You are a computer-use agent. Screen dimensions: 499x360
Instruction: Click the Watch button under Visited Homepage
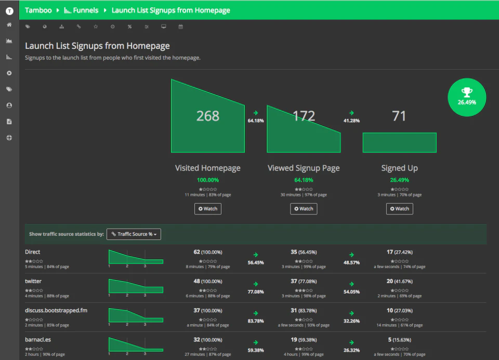point(208,209)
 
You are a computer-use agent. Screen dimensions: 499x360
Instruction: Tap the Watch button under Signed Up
point(399,209)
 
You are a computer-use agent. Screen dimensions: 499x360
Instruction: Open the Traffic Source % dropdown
point(134,234)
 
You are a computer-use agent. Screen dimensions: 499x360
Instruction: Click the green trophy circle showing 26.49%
point(467,97)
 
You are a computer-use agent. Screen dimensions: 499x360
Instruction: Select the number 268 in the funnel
point(208,116)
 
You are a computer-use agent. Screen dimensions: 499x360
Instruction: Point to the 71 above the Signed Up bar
point(399,116)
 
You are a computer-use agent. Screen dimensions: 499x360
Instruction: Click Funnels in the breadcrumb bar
point(81,10)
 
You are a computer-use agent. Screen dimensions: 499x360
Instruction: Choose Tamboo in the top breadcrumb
point(38,10)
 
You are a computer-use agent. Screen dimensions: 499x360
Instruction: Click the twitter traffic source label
point(33,281)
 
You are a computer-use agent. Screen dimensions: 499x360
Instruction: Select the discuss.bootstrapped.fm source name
point(56,310)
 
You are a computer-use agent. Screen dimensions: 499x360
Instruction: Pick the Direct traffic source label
point(32,252)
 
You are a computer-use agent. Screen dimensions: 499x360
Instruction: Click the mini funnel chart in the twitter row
point(136,286)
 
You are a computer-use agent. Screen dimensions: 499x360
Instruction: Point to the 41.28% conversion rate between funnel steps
point(351,121)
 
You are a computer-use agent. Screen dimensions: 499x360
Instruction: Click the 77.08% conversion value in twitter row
point(256,291)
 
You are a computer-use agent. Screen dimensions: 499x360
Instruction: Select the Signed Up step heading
point(399,168)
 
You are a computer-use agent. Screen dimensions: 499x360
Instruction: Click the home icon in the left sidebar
point(9,24)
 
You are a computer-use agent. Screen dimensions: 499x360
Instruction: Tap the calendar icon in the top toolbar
point(180,26)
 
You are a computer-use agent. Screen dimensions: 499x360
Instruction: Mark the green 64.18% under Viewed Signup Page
point(304,180)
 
